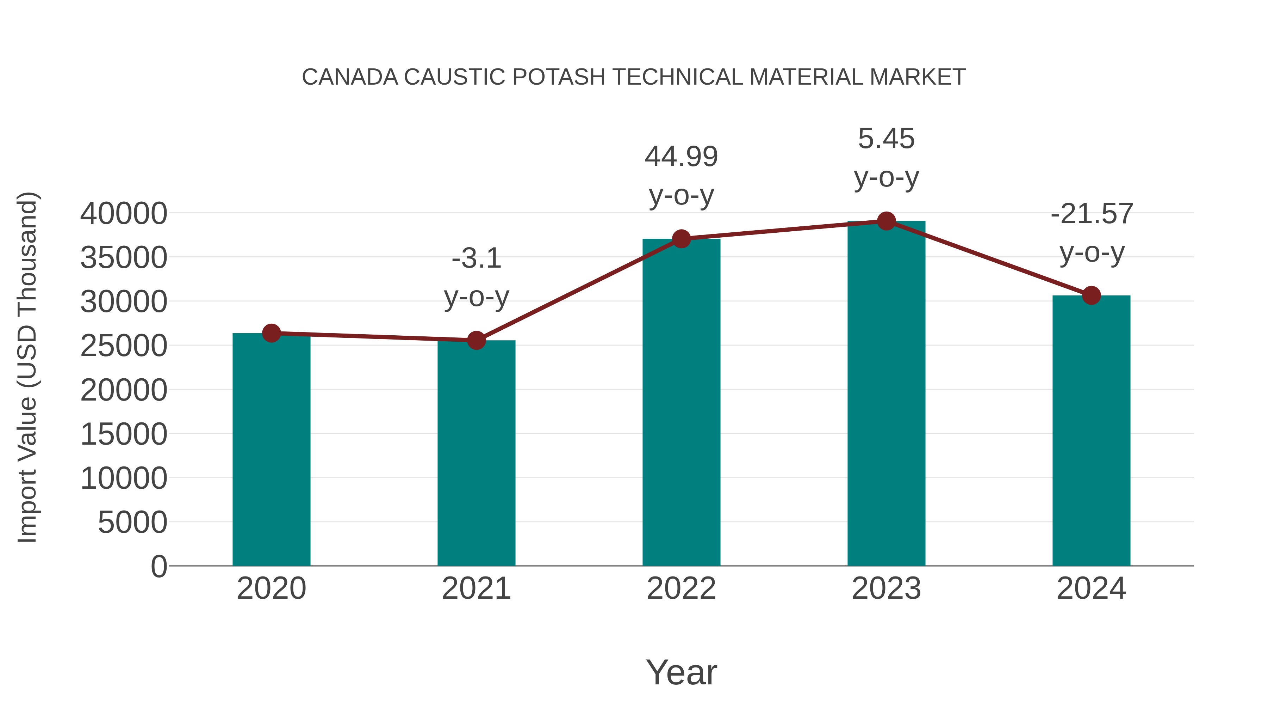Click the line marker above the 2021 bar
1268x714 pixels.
(x=476, y=340)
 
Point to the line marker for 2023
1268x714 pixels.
(x=886, y=221)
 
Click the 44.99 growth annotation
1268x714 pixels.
(x=681, y=157)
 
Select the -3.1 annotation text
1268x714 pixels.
(x=476, y=258)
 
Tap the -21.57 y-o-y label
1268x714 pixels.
(x=1091, y=214)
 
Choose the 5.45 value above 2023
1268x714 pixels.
(x=886, y=139)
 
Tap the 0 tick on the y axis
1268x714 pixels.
(x=158, y=566)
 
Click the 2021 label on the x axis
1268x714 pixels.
(x=476, y=588)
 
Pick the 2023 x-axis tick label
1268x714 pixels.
(x=886, y=588)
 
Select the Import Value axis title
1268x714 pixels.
(x=27, y=367)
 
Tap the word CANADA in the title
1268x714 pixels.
(x=350, y=77)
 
